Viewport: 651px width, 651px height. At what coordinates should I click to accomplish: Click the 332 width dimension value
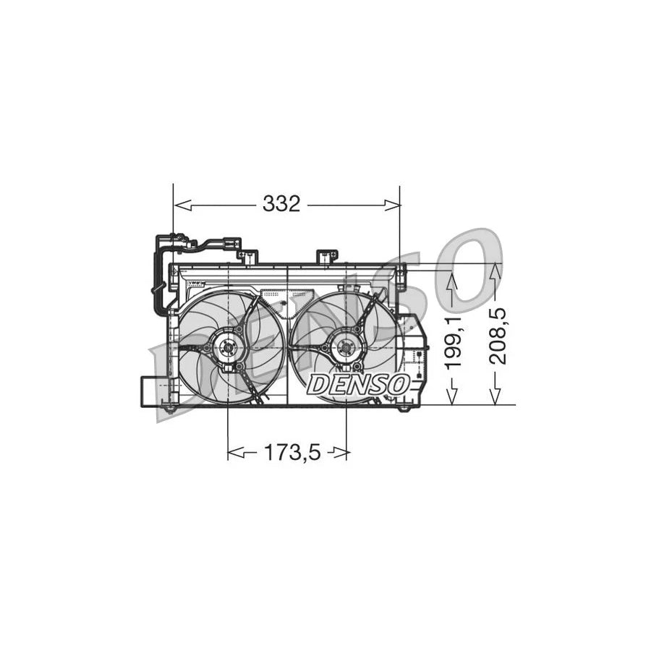281,205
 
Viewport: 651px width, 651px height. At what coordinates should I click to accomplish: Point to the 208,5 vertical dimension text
496,335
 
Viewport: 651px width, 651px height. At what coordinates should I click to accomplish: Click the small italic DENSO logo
359,384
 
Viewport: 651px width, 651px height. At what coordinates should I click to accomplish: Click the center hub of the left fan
229,348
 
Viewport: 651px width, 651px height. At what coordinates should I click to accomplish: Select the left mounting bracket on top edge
248,257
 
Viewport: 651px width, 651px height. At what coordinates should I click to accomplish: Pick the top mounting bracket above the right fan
327,257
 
